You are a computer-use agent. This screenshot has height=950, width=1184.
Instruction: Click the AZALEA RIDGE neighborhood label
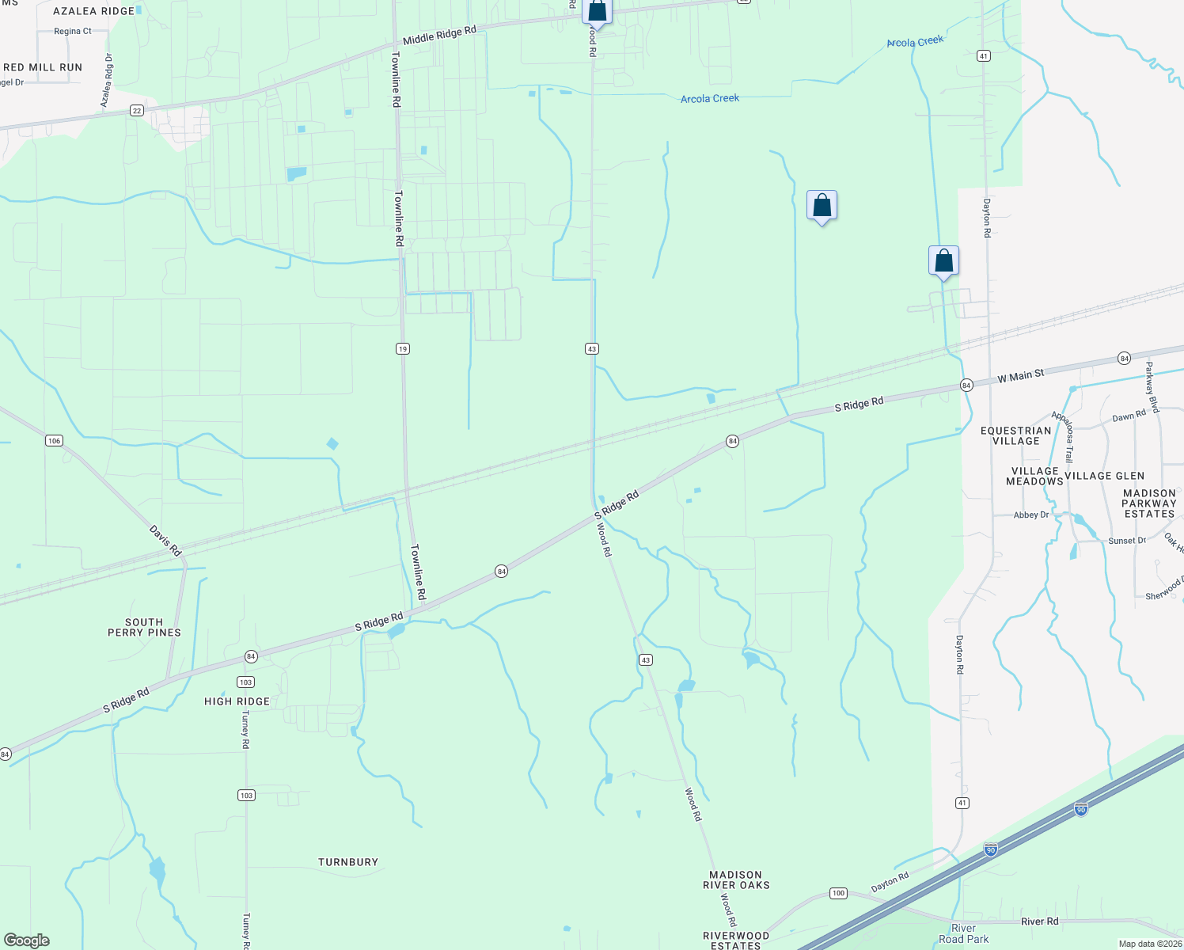[93, 11]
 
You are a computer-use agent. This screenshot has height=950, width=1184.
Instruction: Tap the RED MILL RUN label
[43, 67]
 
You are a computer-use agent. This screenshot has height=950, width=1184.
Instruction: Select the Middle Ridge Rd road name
[439, 35]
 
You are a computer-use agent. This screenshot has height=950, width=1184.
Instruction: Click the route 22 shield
[137, 111]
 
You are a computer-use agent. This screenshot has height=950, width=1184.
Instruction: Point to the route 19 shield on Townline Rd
[403, 348]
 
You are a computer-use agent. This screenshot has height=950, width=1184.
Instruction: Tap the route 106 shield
[54, 440]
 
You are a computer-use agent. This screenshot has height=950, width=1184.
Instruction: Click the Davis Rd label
[165, 541]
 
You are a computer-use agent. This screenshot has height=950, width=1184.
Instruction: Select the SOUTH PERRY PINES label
[144, 627]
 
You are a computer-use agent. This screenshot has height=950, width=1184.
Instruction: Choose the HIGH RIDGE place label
[237, 701]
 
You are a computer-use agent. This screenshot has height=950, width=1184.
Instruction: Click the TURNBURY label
[348, 862]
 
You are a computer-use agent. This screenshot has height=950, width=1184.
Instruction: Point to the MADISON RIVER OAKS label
[736, 880]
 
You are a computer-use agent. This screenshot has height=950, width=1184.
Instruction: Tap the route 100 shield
[838, 893]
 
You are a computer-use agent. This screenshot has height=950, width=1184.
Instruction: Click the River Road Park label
[963, 933]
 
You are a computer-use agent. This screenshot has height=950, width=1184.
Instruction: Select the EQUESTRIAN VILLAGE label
[1016, 435]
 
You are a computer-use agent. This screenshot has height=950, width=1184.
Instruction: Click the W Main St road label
[1021, 376]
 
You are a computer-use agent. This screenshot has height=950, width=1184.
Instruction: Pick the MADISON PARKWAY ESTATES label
[1149, 503]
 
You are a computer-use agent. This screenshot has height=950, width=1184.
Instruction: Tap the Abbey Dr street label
[1030, 515]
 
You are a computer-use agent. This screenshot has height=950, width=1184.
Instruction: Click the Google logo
[26, 940]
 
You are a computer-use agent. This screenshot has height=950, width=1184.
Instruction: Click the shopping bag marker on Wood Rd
[597, 11]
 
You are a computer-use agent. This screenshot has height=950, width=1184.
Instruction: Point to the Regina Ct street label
[73, 32]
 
